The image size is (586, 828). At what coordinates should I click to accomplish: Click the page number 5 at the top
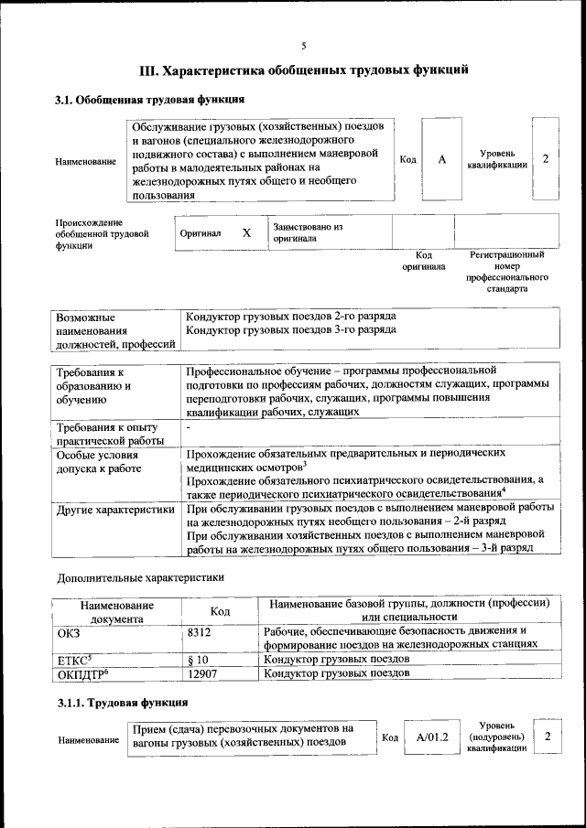(x=303, y=46)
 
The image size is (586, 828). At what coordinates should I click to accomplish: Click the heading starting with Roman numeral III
(x=303, y=70)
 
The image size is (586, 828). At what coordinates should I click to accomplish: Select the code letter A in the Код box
(x=441, y=159)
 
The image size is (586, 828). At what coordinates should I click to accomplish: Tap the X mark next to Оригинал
(x=246, y=232)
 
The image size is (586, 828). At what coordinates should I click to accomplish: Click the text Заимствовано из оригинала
(x=307, y=231)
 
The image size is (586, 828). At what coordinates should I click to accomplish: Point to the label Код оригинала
(x=424, y=261)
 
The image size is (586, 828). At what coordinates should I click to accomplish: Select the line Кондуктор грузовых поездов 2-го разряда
(x=290, y=316)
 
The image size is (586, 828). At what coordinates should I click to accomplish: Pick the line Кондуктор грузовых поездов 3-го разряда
(x=290, y=329)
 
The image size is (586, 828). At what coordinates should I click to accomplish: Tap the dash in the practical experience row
(x=188, y=428)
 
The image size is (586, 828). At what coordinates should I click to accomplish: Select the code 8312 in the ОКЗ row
(x=200, y=631)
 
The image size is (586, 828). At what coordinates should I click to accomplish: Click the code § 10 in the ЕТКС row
(x=198, y=659)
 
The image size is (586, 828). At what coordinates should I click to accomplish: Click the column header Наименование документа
(x=116, y=611)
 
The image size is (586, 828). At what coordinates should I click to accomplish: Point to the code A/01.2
(x=431, y=737)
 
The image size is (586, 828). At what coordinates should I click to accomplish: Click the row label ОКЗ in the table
(x=70, y=631)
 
